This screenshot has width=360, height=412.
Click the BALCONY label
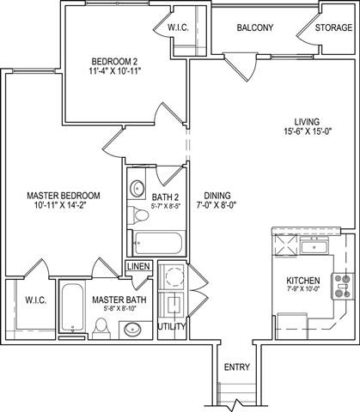coord(255,27)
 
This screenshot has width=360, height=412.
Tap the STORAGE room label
coord(333,27)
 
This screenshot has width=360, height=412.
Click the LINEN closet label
coord(138,266)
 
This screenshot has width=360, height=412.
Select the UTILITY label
coord(172,327)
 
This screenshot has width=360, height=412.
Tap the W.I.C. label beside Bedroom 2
coord(202,27)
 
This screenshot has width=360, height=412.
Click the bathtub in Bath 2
coord(154,239)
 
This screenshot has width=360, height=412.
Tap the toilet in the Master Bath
coord(101,327)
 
